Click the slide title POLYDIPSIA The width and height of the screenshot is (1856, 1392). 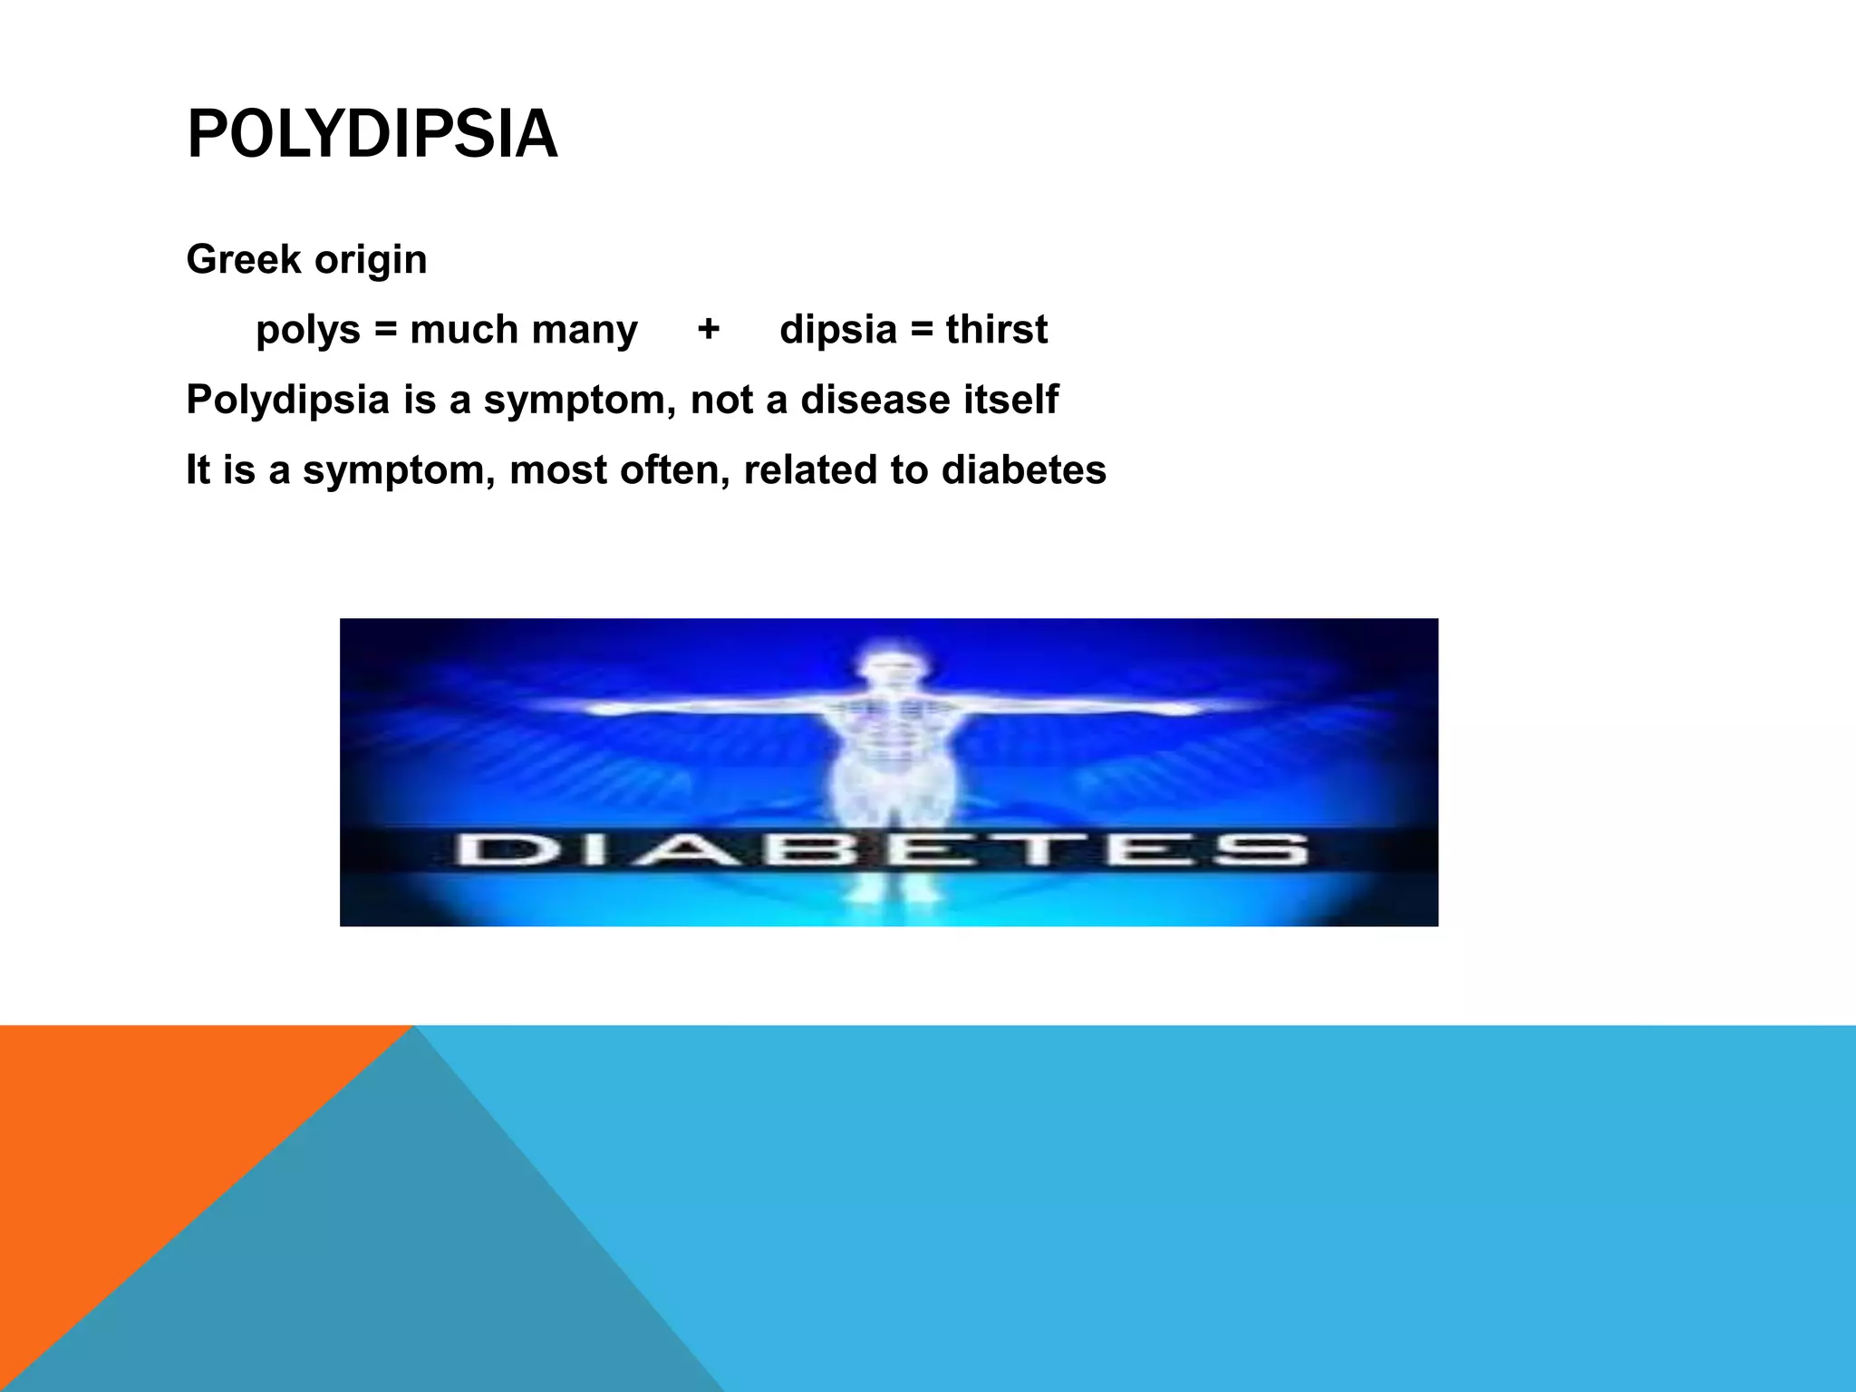coord(372,134)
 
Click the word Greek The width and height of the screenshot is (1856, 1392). coord(243,259)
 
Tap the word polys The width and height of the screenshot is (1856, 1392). coord(307,331)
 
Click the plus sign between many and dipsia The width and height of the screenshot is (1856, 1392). coord(708,328)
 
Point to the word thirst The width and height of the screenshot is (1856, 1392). coord(996,329)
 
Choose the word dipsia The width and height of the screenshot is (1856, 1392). coord(837,331)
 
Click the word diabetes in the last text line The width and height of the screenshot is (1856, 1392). coord(1023,469)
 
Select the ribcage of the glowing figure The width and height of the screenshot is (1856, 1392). coord(889,725)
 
